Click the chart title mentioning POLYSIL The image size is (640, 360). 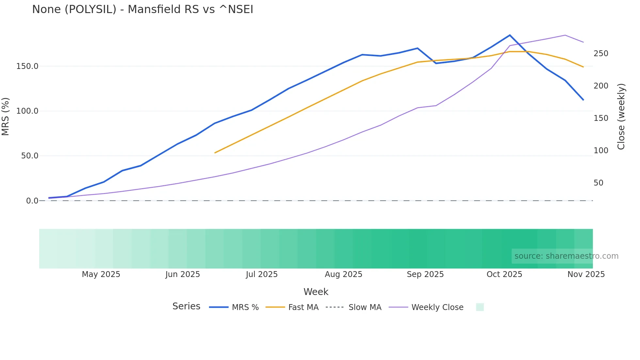(x=142, y=9)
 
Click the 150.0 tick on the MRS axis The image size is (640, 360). (x=27, y=66)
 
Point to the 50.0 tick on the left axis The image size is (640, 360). (x=30, y=156)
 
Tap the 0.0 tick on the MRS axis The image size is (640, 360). (x=32, y=201)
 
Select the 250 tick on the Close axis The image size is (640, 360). (x=601, y=54)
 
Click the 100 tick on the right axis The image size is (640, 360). (x=601, y=151)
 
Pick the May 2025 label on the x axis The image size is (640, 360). (x=101, y=274)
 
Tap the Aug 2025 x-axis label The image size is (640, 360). (x=344, y=274)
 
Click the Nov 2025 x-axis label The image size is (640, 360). (x=586, y=274)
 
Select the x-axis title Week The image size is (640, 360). (x=316, y=292)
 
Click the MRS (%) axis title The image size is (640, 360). (x=6, y=116)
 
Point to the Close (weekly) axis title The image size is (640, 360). (x=621, y=117)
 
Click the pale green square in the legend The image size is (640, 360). (x=480, y=307)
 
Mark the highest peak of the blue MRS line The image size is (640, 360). (x=510, y=35)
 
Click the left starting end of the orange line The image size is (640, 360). (x=215, y=153)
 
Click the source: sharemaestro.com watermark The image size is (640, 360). (x=566, y=256)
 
